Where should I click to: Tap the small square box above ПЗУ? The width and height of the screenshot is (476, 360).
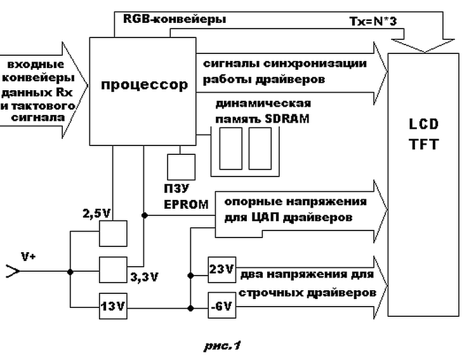tap(180, 167)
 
